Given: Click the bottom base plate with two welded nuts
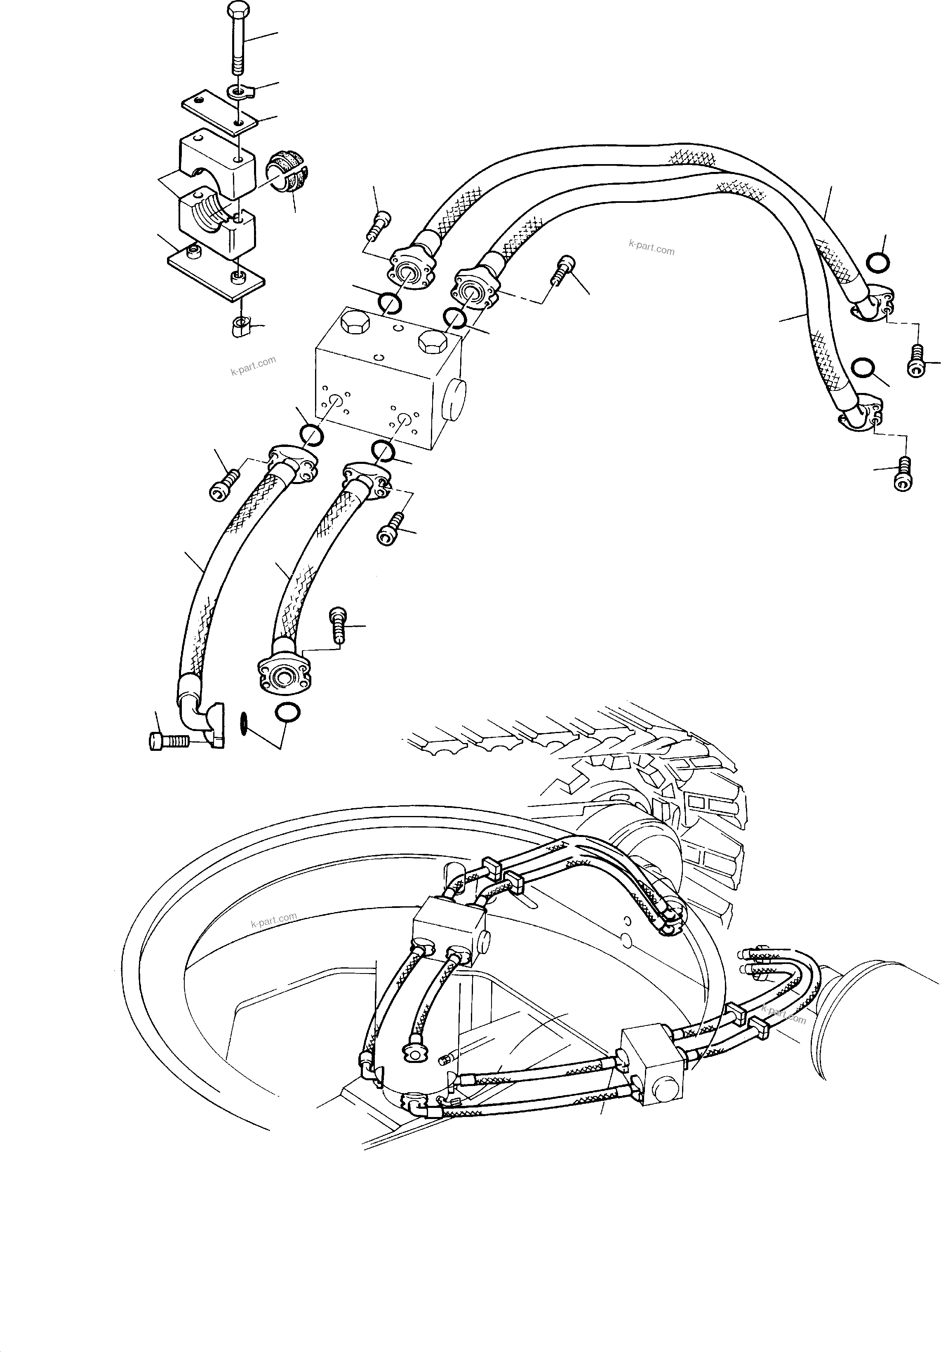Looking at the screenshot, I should coord(216,275).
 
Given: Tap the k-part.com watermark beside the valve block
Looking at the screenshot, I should coord(253,367).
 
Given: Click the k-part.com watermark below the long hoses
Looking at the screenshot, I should coord(651,247).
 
